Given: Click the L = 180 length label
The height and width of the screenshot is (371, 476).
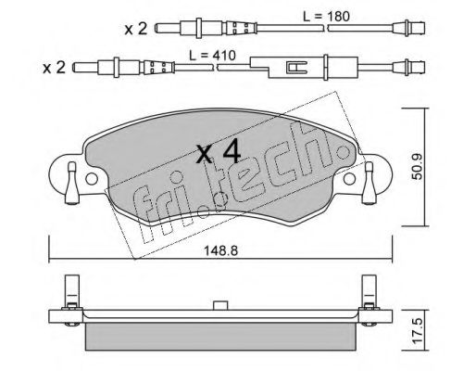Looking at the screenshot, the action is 326,16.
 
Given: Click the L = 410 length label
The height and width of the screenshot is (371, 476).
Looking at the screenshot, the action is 212,56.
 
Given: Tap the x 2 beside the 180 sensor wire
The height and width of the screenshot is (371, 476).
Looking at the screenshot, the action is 136,30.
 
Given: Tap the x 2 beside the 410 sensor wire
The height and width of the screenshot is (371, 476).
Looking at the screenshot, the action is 54,68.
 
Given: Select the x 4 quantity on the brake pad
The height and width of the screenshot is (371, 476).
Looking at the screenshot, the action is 219,151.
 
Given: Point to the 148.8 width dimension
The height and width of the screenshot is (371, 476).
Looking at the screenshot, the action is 220,250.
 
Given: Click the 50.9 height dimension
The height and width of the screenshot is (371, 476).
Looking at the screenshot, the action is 419,167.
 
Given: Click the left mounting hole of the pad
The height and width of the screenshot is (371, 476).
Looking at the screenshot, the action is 92,179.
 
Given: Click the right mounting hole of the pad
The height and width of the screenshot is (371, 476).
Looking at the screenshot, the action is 349,179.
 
